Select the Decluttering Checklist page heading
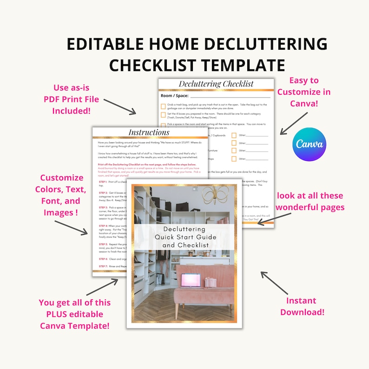pyautogui.click(x=216, y=84)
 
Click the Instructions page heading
pyautogui.click(x=149, y=132)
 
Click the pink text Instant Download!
pyautogui.click(x=301, y=306)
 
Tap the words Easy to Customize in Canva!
pyautogui.click(x=304, y=92)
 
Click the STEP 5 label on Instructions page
pyautogui.click(x=100, y=244)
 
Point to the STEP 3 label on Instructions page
pyautogui.click(x=100, y=207)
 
